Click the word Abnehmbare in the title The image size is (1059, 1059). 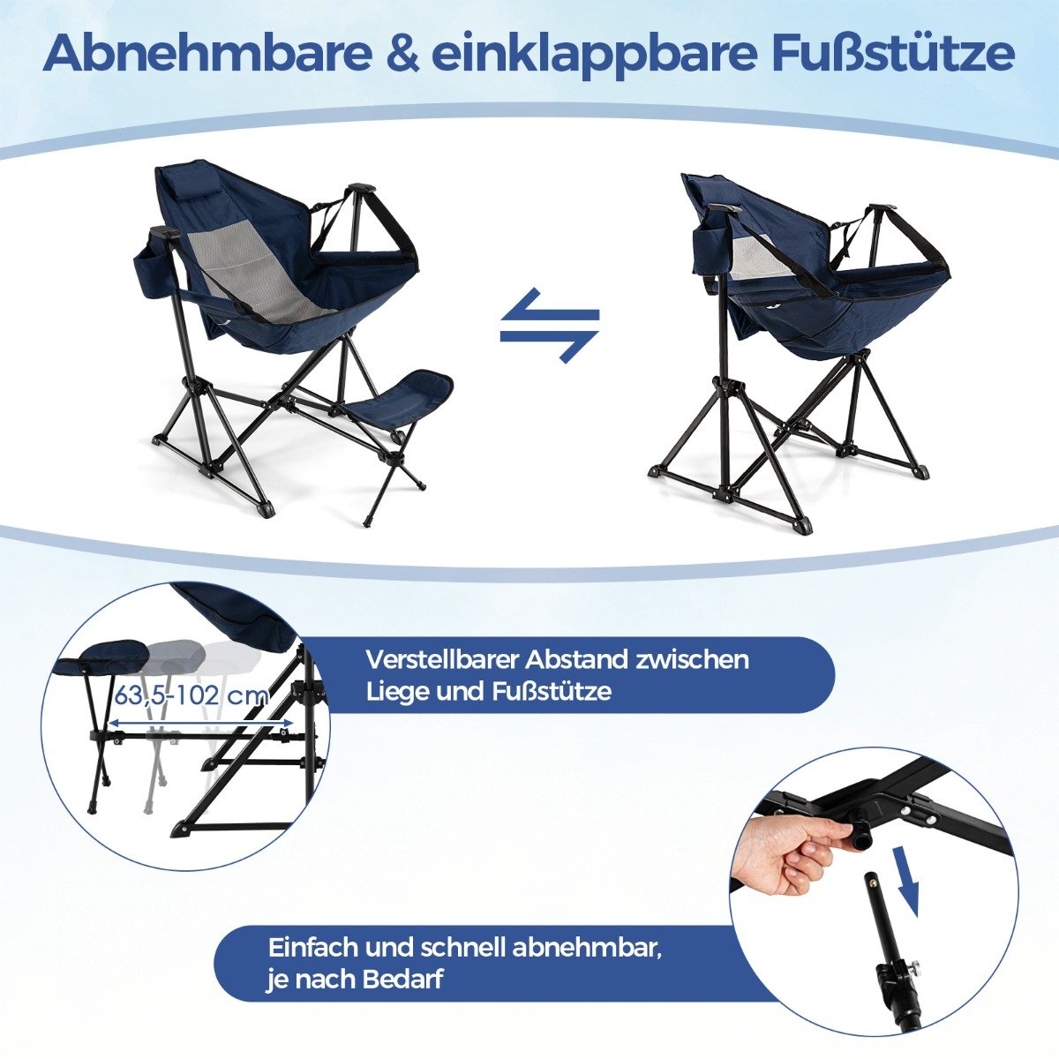207,54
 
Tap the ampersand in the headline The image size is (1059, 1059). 403,55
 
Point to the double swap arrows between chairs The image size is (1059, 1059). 549,325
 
